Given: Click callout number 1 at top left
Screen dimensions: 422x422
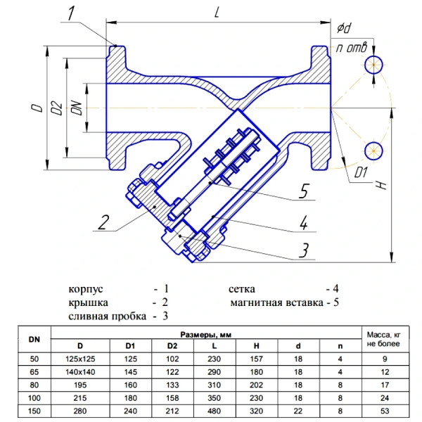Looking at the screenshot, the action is point(71,13).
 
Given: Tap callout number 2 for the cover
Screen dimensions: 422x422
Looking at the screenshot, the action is point(103,222).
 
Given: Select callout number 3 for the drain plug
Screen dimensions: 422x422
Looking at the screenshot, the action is point(304,250).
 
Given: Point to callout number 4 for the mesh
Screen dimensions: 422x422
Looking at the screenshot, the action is point(304,223).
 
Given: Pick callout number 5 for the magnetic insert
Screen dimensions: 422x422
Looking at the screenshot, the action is point(304,191).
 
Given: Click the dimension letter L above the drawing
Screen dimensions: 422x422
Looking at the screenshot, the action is point(217,11).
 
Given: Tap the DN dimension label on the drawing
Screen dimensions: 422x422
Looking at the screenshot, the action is point(77,108).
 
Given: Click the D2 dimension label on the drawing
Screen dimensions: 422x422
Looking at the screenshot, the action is point(57,108).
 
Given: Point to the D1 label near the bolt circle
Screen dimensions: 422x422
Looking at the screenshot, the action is point(361,172).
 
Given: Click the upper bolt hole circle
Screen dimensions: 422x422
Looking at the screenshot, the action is point(373,65).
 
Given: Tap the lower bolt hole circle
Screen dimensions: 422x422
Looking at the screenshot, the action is point(373,151).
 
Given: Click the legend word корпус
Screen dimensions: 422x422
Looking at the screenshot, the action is point(86,289).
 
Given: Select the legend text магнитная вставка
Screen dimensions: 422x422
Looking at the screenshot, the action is point(276,302).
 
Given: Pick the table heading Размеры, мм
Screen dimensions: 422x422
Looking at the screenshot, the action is point(206,335).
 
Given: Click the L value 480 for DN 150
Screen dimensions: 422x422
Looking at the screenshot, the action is point(215,411).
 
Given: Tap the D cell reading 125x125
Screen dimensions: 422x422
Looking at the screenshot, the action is point(80,359).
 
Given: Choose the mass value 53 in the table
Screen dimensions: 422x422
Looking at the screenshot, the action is point(385,411).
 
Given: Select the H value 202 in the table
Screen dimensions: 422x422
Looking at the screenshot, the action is point(256,385).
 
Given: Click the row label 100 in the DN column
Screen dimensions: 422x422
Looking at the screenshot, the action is point(34,398).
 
